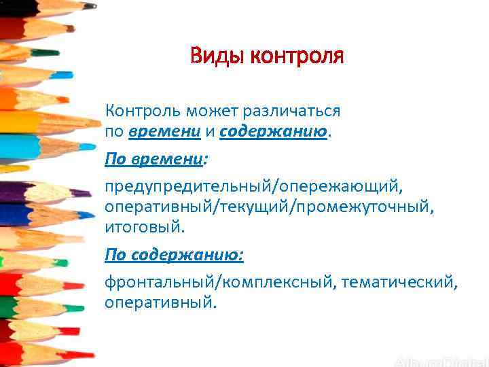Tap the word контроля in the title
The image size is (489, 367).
(x=297, y=56)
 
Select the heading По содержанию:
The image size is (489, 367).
(x=174, y=255)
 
